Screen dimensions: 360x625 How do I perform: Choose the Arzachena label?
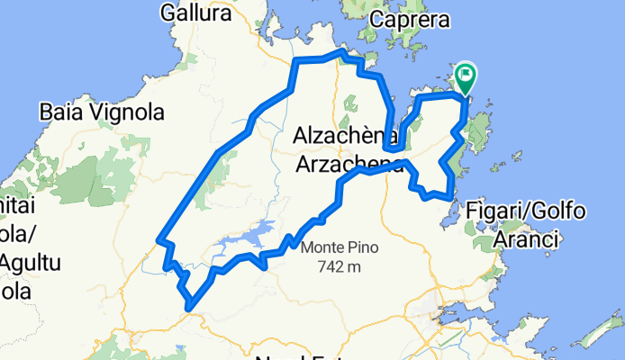[349, 163]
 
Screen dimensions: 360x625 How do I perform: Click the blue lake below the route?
[249, 238]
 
